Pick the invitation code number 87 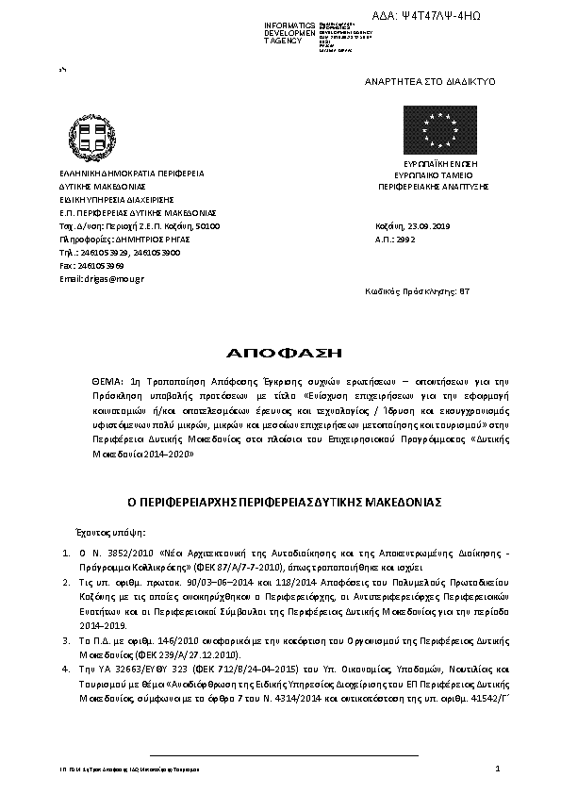[464, 292]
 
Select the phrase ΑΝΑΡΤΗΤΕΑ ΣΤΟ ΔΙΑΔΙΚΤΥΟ [429, 82]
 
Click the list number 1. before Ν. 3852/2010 [66, 546]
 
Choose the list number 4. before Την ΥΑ [66, 669]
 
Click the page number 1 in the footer [496, 770]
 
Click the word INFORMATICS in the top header [289, 24]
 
